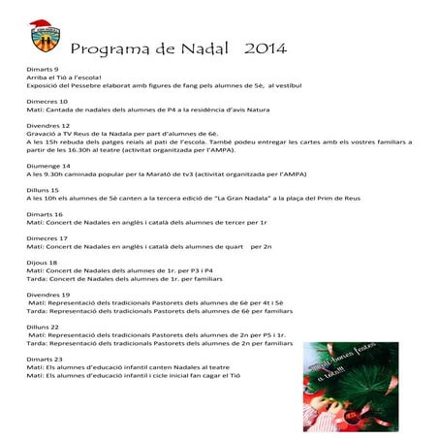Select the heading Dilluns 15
[44, 190]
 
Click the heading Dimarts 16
[46, 214]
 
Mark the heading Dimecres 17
[47, 237]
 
